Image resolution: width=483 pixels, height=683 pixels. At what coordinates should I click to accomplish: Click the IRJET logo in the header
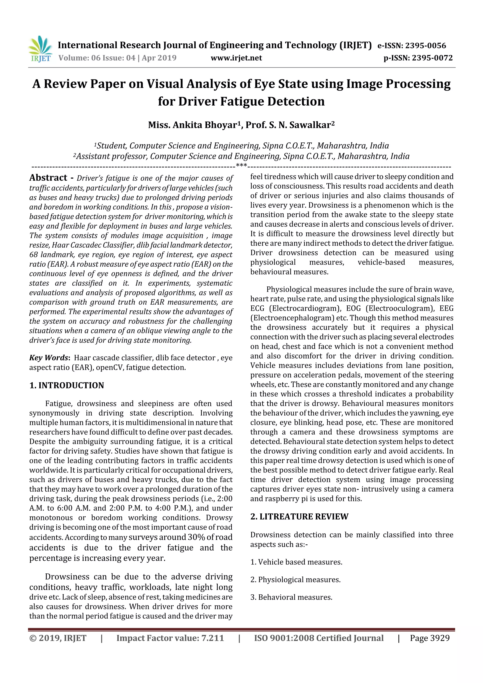click(40, 49)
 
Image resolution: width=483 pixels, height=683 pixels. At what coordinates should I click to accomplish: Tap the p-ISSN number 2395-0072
click(432, 58)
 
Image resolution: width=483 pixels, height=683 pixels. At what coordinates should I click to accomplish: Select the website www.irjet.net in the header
click(236, 58)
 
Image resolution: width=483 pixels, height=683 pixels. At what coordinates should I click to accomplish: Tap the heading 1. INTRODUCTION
click(67, 385)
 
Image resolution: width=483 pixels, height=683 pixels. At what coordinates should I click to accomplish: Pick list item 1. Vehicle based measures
click(296, 562)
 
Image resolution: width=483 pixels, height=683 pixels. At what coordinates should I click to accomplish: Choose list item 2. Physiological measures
click(295, 580)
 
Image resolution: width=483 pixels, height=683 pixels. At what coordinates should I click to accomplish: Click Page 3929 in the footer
click(429, 638)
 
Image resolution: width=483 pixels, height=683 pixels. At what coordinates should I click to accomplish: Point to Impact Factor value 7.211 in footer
click(170, 638)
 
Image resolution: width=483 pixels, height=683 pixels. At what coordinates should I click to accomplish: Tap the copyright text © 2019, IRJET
click(58, 638)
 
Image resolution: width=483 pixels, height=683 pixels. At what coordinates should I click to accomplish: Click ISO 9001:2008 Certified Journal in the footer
click(318, 638)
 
